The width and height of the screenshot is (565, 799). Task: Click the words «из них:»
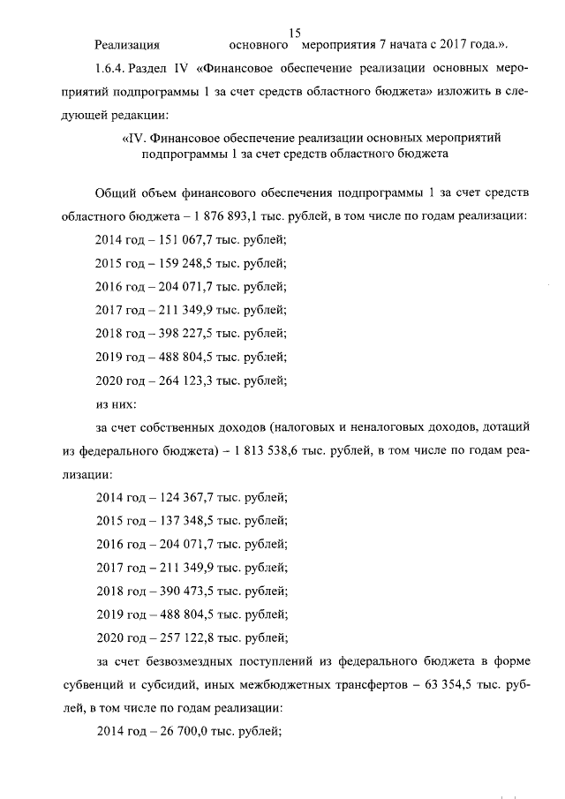pos(115,405)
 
